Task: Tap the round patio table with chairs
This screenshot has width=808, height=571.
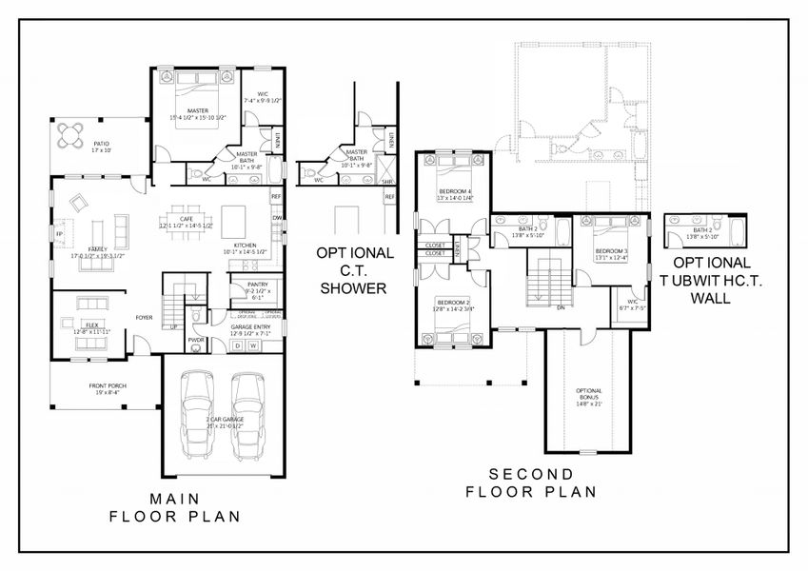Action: click(71, 134)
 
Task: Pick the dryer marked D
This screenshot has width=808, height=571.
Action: click(238, 346)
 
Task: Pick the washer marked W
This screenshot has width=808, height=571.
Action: click(254, 346)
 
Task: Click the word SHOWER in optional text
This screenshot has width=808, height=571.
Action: click(352, 288)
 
